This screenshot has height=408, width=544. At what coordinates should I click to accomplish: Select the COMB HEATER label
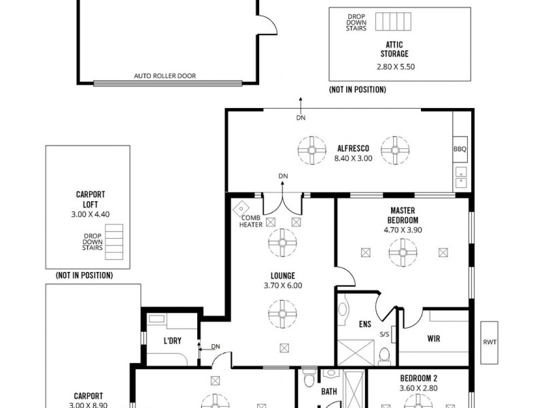251,221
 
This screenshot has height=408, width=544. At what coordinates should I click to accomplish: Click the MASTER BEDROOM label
403,216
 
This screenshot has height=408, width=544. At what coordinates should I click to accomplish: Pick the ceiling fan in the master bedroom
403,252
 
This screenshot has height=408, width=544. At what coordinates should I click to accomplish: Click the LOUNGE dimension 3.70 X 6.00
282,286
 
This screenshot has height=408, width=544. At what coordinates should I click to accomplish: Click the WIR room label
433,338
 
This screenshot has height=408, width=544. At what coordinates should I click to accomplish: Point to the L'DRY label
172,341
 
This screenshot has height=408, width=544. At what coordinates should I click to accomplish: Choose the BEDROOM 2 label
418,379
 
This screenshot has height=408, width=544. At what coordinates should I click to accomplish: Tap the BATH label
329,392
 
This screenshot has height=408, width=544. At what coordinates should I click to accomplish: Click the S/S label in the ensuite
384,334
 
